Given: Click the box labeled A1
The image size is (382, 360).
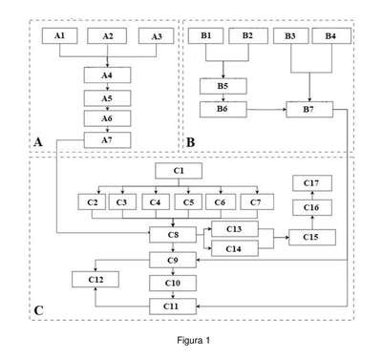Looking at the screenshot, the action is click(59, 36).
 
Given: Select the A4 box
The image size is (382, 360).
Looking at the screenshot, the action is click(107, 75).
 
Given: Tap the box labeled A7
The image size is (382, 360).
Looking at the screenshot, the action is click(107, 140).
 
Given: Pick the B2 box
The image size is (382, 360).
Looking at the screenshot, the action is click(248, 35).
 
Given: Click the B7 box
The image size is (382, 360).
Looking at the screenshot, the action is click(309, 110).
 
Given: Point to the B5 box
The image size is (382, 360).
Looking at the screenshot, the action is click(223, 86).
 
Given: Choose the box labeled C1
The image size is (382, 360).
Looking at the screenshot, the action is click(179, 171).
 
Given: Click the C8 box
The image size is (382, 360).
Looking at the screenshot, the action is click(173, 235).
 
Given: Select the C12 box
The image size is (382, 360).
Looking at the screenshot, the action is click(95, 280).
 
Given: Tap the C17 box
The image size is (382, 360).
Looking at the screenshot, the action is click(312, 183).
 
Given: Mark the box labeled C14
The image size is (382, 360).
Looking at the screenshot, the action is click(235, 248).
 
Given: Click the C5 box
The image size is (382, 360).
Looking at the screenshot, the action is click(188, 202).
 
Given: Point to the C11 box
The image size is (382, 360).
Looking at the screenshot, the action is click(173, 307).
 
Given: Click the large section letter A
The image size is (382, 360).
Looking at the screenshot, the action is click(38, 142).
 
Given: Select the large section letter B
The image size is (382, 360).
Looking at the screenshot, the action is click(190, 142).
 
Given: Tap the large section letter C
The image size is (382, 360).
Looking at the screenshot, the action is click(38, 310).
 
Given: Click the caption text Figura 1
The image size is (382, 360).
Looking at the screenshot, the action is click(194, 341).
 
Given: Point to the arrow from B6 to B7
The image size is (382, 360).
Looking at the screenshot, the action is click(266, 110).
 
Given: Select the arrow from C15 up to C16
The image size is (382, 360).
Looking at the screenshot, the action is click(312, 222).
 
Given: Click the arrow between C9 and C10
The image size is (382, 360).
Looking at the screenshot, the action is click(173, 271).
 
